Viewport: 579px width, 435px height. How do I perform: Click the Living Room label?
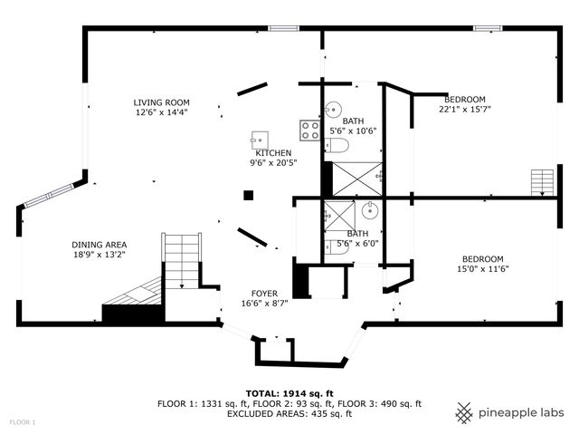[161, 102]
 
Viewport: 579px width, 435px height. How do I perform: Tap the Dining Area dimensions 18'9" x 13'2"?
[100, 255]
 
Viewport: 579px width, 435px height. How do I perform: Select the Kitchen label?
[273, 153]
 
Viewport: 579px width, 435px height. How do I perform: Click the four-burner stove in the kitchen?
[310, 130]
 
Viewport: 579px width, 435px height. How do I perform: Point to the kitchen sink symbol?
[260, 139]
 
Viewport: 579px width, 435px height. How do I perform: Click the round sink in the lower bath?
[370, 212]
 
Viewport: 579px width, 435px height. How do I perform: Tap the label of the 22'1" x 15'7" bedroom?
[465, 99]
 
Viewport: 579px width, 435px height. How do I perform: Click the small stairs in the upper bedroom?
[541, 182]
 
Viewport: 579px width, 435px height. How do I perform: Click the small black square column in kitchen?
[248, 194]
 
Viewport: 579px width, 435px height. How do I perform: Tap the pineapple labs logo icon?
[464, 412]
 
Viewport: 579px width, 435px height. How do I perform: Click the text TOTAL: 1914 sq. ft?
[295, 392]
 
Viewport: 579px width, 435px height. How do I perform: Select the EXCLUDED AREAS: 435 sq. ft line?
[289, 414]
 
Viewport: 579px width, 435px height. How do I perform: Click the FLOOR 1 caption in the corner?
[23, 423]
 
